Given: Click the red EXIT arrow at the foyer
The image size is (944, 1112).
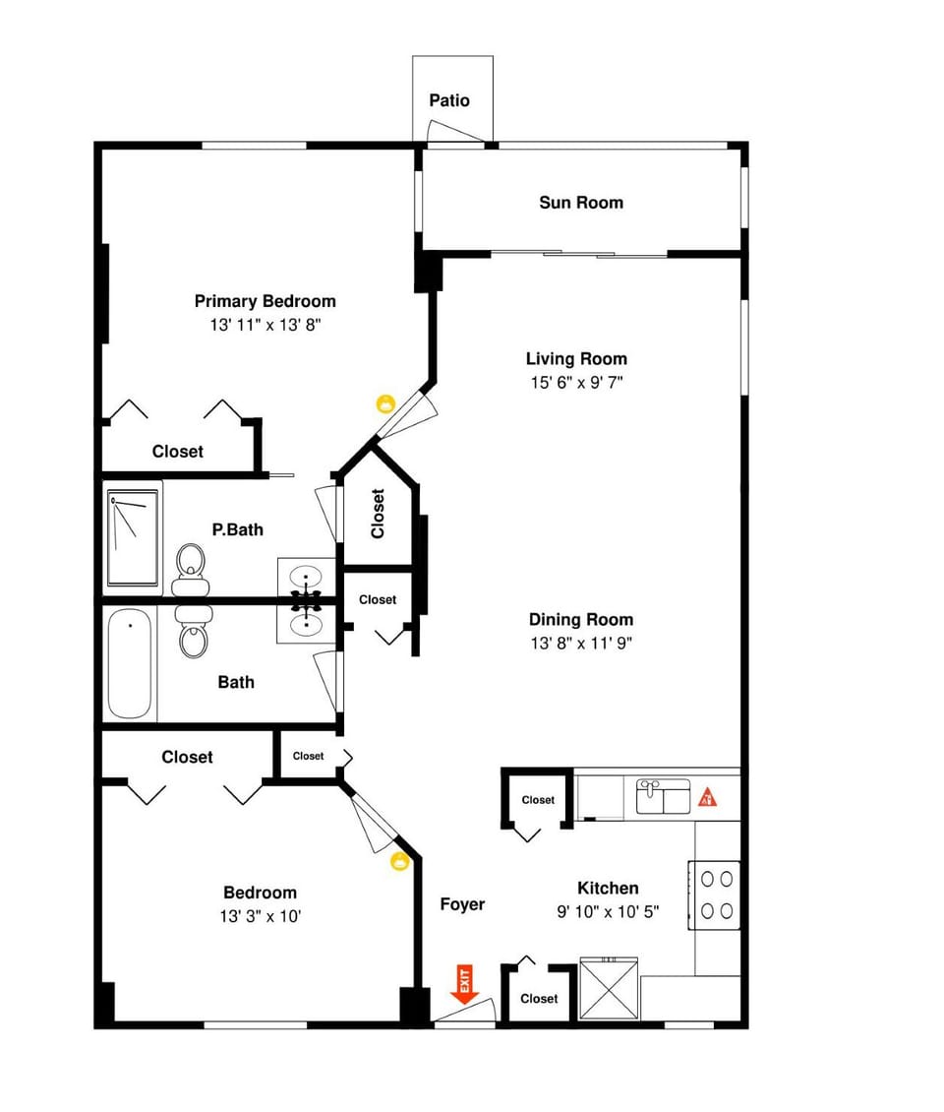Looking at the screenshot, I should tap(465, 985).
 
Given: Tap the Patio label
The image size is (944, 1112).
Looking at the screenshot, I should tap(449, 100).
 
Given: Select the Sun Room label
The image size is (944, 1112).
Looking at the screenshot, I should tap(580, 203).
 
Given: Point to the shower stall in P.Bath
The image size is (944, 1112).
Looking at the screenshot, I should tap(133, 538).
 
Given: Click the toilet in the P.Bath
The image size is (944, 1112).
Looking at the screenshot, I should tap(191, 572).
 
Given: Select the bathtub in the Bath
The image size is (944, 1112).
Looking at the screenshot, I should tap(130, 664).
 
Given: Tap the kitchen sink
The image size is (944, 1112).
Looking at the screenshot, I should tap(663, 796).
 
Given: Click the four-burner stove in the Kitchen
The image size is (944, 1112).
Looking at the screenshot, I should tap(716, 895).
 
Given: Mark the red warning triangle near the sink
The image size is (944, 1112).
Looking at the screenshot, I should tap(707, 796).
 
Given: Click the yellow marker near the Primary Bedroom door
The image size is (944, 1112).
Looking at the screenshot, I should tap(385, 402).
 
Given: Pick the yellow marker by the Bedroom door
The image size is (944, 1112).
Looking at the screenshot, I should tap(399, 862).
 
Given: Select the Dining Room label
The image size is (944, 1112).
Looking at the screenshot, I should tap(580, 620).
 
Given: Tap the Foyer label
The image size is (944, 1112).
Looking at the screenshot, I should tap(462, 904).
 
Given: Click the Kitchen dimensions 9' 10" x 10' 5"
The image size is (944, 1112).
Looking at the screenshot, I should tap(607, 912).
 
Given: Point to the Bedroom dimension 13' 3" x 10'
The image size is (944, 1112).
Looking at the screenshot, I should tap(260, 916).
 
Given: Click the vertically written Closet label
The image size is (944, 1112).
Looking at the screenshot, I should tap(378, 514).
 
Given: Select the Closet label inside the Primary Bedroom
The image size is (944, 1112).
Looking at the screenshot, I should tap(178, 452).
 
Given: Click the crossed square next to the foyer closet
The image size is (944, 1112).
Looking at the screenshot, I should tap(609, 991).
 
